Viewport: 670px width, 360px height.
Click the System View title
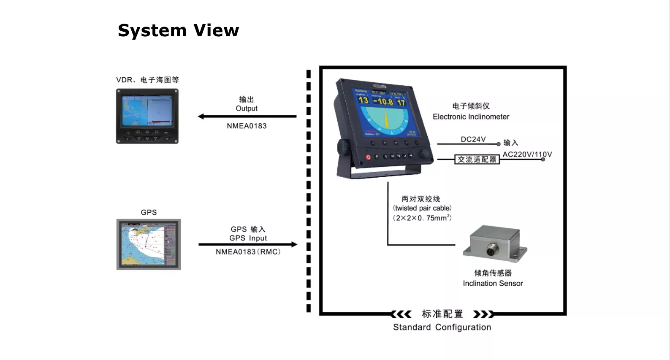(178, 30)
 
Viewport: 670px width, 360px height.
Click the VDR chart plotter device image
(147, 116)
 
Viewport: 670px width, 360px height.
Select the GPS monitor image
(149, 244)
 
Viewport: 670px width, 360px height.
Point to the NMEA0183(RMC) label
(248, 252)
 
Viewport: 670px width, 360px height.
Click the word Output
(247, 108)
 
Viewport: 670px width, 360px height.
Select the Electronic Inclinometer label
(471, 116)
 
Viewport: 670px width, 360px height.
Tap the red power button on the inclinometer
(368, 157)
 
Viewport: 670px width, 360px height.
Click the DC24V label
(473, 139)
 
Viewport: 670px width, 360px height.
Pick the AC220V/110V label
(527, 154)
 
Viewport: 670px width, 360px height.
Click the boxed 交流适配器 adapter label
(477, 160)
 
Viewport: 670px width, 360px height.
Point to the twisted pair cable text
(422, 208)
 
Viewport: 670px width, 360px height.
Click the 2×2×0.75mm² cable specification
(422, 218)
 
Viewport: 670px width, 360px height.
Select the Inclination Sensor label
(493, 284)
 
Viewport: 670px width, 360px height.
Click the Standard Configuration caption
(442, 327)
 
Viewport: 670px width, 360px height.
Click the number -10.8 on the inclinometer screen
(383, 101)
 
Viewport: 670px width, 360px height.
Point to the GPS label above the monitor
(149, 212)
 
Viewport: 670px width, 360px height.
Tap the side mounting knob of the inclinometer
(342, 148)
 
